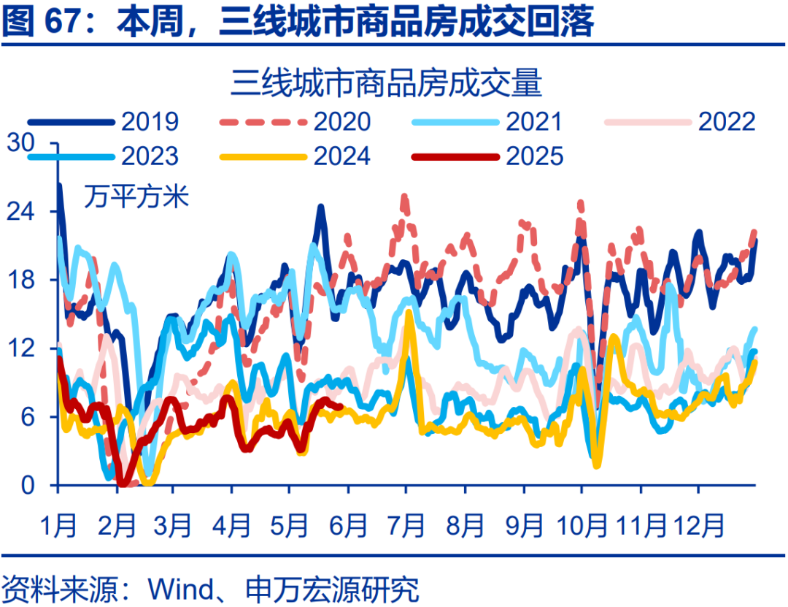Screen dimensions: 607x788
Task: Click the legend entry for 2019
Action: tap(150, 121)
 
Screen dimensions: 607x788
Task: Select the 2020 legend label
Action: tap(342, 121)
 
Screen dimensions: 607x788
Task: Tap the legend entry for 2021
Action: tap(534, 121)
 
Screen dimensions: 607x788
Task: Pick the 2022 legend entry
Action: tap(727, 121)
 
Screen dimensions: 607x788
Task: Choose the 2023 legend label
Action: tap(150, 156)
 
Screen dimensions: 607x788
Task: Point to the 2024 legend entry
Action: tap(342, 156)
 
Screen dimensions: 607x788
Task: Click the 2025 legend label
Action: tap(534, 156)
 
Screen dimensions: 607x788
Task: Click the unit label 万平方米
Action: tap(136, 196)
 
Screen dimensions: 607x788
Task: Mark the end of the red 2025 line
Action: tap(341, 407)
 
